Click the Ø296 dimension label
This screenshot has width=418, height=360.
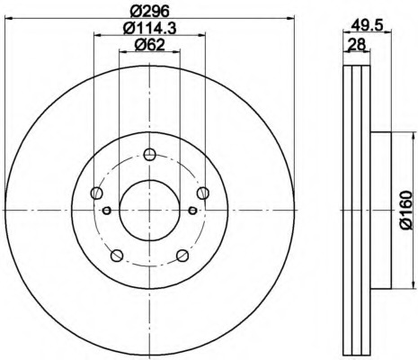150,12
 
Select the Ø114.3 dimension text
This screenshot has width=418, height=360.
150,28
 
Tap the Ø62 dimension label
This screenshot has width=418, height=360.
150,45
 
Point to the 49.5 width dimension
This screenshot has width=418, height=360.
367,25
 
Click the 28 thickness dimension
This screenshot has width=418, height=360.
357,45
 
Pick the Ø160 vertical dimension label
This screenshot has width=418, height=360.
406,210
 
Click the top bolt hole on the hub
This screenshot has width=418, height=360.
149,155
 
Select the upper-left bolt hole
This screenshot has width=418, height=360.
96,193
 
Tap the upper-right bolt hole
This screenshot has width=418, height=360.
203,193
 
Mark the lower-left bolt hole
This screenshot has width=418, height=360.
117,256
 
